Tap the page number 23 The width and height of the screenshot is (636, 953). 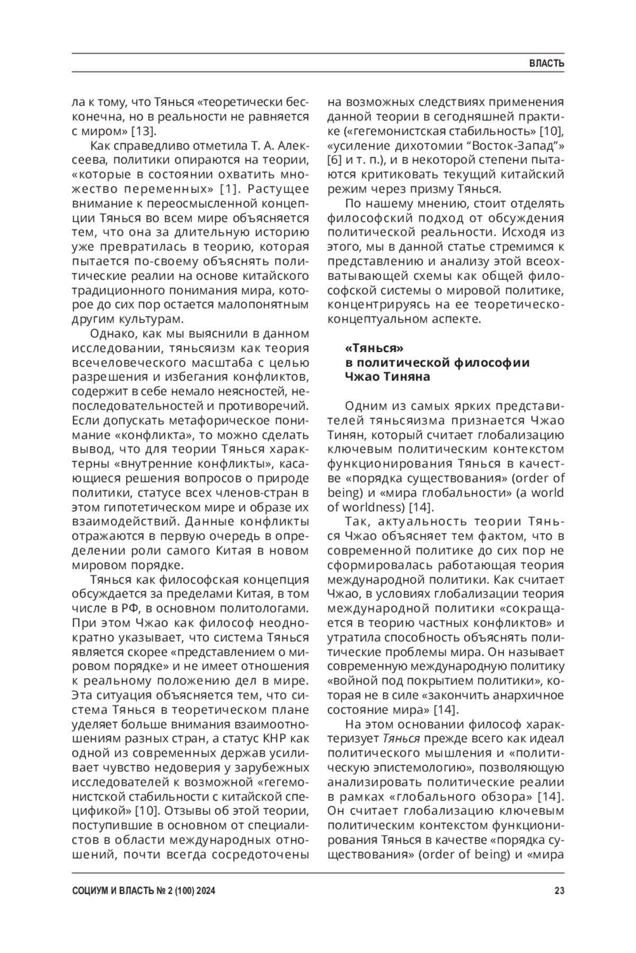click(x=559, y=891)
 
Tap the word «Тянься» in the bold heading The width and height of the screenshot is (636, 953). click(x=374, y=348)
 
